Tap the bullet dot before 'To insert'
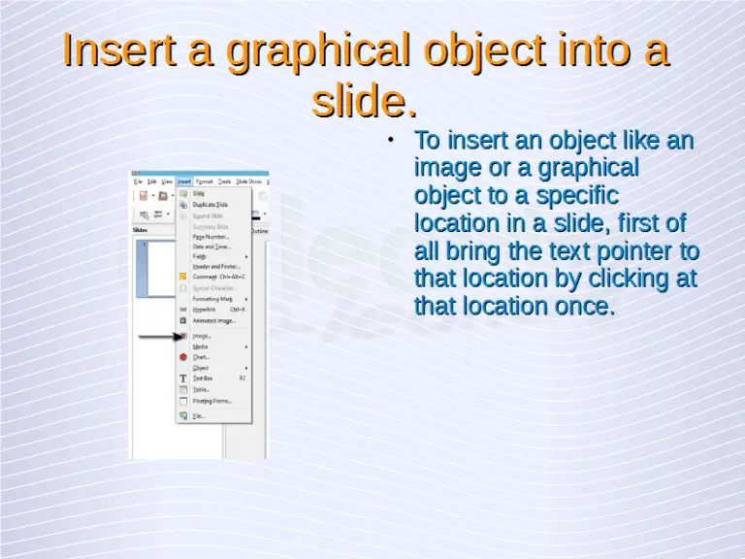click(x=389, y=141)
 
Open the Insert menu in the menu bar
click(x=183, y=181)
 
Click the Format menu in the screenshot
click(x=205, y=181)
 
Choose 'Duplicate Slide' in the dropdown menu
click(x=211, y=205)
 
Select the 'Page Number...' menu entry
click(x=211, y=236)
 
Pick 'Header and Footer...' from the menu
click(x=215, y=266)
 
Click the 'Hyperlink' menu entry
click(x=204, y=310)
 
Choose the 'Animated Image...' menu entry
click(x=213, y=320)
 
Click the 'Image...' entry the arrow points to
click(x=201, y=336)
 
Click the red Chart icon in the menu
click(x=182, y=357)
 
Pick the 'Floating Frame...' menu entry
click(x=211, y=400)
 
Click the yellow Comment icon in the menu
click(x=182, y=277)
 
